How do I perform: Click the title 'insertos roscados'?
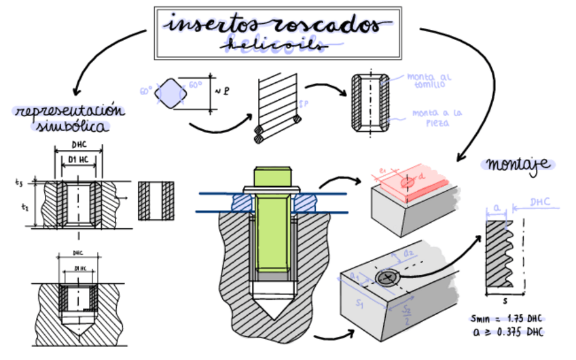pos(277,24)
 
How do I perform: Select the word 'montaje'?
pos(518,164)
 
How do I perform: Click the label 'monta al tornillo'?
pos(427,81)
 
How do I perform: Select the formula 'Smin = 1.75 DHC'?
pos(507,319)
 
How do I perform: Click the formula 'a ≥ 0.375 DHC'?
pos(507,331)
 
